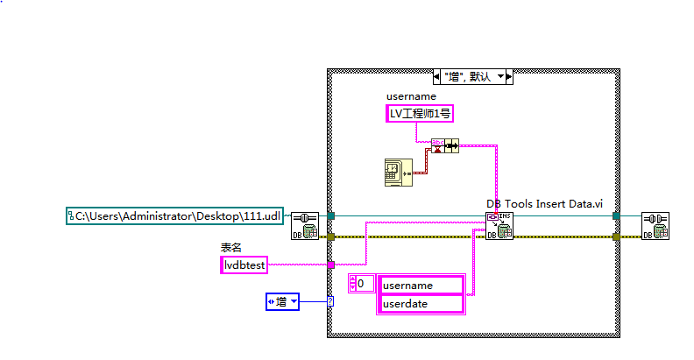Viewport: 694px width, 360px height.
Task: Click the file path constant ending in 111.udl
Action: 176,215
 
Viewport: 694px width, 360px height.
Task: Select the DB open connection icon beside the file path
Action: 304,224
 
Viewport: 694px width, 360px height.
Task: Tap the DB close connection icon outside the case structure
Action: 655,224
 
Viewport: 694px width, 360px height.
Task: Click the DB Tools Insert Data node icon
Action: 499,224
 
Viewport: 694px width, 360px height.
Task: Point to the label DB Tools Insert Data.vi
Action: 545,204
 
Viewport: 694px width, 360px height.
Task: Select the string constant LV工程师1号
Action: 421,113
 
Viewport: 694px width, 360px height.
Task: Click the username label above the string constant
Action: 410,95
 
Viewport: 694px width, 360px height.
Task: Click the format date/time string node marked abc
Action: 436,145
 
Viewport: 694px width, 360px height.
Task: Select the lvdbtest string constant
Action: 244,264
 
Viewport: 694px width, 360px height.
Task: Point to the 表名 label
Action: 230,248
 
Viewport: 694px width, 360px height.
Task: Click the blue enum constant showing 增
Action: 282,302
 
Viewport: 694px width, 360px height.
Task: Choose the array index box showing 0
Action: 361,284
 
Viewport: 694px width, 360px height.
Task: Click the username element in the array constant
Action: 421,285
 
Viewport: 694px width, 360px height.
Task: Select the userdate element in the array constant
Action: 421,303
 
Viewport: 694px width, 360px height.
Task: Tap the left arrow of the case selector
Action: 440,77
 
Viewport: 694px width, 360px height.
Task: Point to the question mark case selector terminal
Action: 330,302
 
